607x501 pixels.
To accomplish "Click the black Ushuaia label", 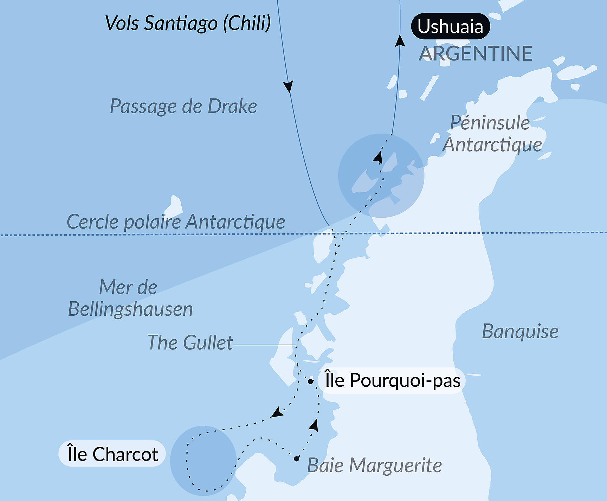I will (x=450, y=26).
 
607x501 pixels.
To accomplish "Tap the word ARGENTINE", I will (x=476, y=54).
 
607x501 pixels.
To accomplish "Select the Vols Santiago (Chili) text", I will (x=188, y=23).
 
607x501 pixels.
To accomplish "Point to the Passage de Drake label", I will (x=183, y=106).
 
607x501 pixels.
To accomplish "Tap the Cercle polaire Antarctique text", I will (x=176, y=222).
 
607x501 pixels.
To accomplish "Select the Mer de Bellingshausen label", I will (x=130, y=298).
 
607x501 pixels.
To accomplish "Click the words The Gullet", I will (x=190, y=342).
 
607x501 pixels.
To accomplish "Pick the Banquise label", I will (x=520, y=331).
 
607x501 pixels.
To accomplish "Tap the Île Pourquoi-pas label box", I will (x=392, y=381).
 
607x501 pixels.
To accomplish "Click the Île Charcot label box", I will (x=112, y=454).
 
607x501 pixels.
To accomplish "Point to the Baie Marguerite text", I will (x=374, y=465).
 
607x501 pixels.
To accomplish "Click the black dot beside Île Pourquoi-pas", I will (x=310, y=381).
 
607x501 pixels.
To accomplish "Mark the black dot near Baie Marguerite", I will (x=297, y=459).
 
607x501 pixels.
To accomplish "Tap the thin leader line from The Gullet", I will (x=264, y=345).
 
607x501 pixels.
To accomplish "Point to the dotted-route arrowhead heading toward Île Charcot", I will (x=277, y=413).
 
